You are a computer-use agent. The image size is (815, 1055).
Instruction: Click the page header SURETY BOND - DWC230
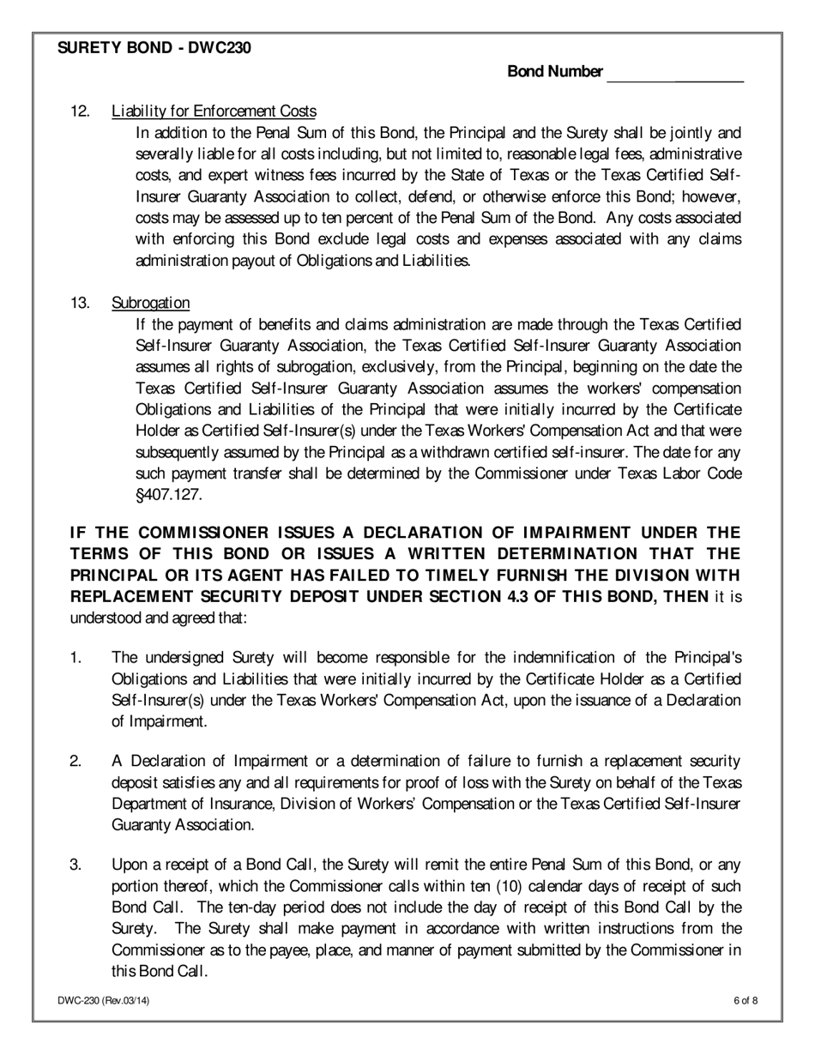click(154, 49)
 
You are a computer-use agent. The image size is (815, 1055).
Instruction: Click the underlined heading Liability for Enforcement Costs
click(214, 112)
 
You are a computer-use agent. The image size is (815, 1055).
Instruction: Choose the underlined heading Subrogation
click(151, 303)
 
